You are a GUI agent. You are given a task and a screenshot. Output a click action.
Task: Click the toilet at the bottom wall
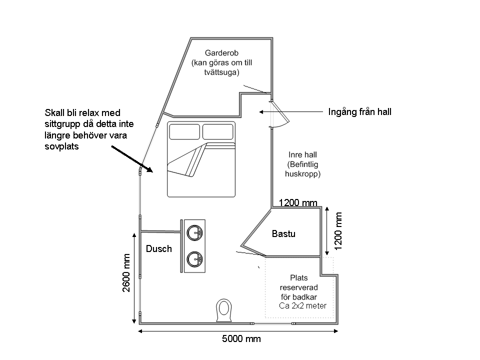click(x=224, y=310)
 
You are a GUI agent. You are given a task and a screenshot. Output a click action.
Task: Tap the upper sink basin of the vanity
click(x=194, y=233)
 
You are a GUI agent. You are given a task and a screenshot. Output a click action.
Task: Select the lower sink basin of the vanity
click(x=194, y=259)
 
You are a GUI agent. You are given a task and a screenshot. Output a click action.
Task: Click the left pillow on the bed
click(x=184, y=131)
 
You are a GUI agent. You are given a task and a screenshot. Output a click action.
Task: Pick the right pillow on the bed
click(x=217, y=131)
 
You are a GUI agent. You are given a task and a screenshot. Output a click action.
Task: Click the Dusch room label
click(x=159, y=248)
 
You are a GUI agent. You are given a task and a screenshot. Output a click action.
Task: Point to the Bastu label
click(x=284, y=234)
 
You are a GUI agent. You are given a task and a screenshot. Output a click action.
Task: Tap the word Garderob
click(x=221, y=53)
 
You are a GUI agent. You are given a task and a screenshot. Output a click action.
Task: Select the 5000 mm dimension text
click(x=241, y=339)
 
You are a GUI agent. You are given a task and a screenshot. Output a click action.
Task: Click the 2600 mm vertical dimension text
click(x=126, y=273)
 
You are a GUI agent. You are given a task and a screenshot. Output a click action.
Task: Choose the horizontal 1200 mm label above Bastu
click(x=298, y=202)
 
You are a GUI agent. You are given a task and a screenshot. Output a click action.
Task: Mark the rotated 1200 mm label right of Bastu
click(x=338, y=231)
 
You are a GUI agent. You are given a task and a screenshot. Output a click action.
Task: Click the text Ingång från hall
click(x=359, y=112)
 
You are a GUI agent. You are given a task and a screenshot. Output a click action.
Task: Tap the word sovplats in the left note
click(x=61, y=146)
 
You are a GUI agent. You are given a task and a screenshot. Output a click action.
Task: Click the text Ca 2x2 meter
click(x=303, y=306)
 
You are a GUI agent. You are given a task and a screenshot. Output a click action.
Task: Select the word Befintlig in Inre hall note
click(x=303, y=164)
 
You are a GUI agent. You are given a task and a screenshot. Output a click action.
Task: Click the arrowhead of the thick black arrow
click(x=149, y=169)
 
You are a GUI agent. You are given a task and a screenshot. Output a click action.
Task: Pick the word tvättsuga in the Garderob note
click(x=221, y=72)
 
